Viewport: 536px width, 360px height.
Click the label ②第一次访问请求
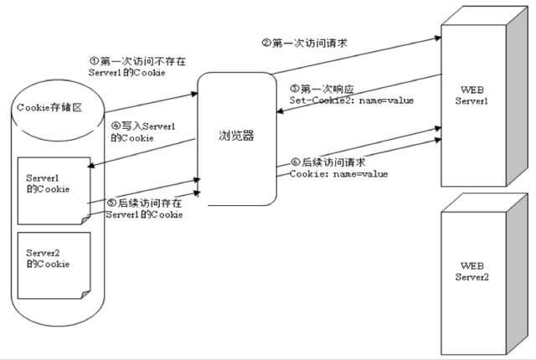point(304,43)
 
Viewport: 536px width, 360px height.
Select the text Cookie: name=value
point(338,174)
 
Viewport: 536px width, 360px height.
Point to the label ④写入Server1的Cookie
point(143,131)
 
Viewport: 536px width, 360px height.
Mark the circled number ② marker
point(266,43)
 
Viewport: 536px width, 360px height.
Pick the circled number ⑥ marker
point(295,162)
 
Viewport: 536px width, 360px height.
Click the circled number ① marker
point(95,60)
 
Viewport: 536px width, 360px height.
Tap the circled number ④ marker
point(116,126)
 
